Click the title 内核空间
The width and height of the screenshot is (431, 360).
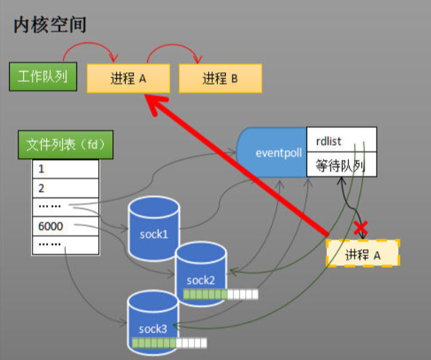(x=49, y=26)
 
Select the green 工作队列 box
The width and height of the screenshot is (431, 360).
(x=43, y=76)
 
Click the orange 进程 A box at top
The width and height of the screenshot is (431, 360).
(x=128, y=79)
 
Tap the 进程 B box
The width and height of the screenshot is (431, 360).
(x=220, y=79)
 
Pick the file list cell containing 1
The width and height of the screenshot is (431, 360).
(x=65, y=170)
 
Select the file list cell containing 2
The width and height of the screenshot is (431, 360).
(x=65, y=188)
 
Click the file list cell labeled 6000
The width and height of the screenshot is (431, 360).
(x=65, y=226)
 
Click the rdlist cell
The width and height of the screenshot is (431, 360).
(x=341, y=141)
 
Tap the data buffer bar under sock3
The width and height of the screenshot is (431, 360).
(x=169, y=344)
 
